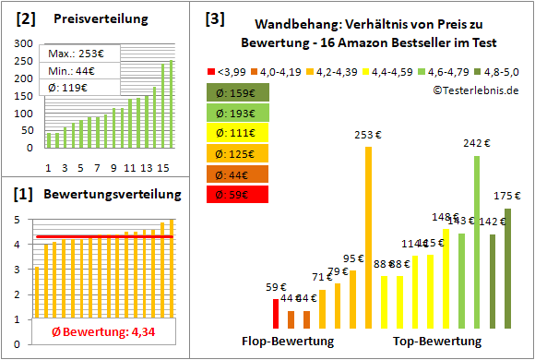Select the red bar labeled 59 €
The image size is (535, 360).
(276, 314)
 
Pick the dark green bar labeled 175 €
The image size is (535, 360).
(507, 269)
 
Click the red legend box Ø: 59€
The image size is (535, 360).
(237, 195)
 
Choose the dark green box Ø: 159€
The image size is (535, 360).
(237, 93)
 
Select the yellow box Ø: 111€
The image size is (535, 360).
(237, 134)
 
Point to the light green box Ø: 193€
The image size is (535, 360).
(237, 114)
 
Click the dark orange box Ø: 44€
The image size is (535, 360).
(237, 174)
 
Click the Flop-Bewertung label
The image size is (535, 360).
(288, 342)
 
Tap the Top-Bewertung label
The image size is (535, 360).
(437, 342)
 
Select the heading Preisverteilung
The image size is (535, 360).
(91, 19)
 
